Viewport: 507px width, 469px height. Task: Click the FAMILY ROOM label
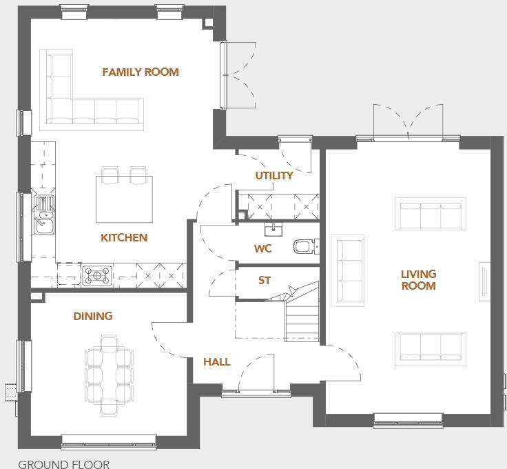[x=141, y=72]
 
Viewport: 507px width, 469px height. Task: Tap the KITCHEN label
[x=124, y=238]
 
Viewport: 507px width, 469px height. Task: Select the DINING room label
[x=93, y=317]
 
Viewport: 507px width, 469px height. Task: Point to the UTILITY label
[x=274, y=176]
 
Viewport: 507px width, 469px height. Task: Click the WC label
[x=263, y=249]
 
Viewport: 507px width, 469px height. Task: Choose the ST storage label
[x=265, y=281]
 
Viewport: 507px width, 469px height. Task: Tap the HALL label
[x=216, y=362]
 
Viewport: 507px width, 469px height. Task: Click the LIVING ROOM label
[x=418, y=280]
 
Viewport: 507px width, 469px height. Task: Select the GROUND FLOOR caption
[x=63, y=463]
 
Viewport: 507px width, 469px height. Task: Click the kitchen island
[x=124, y=194]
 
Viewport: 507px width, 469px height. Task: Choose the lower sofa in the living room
[x=430, y=349]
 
